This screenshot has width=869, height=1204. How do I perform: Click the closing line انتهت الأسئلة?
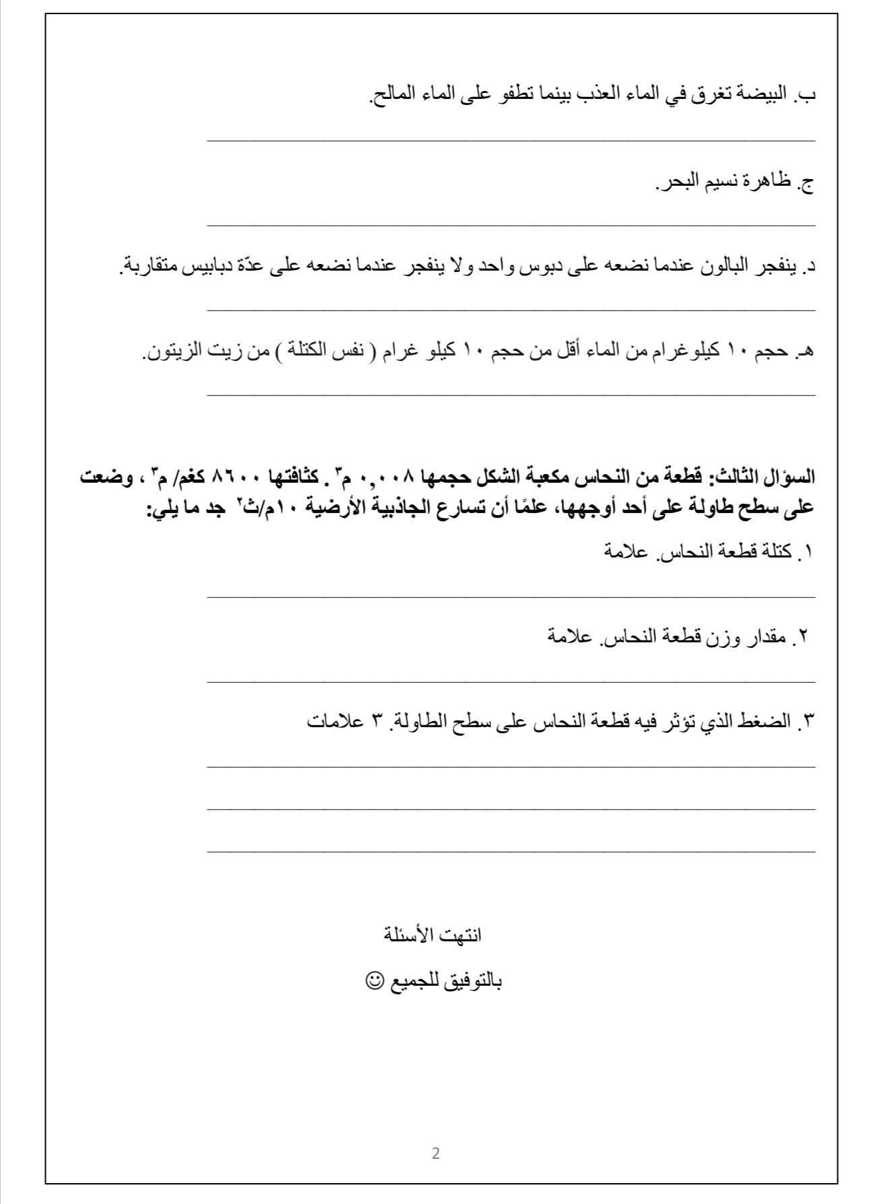(x=432, y=935)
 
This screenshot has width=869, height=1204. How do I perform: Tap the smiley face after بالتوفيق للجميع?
(x=372, y=980)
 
